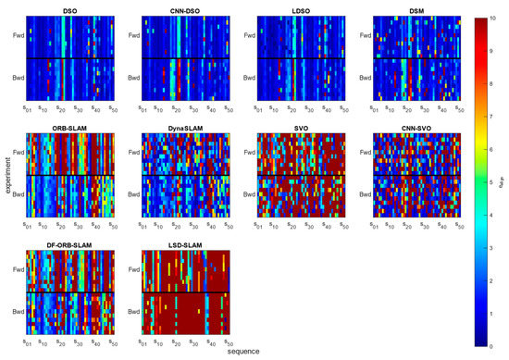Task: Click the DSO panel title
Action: tap(69, 11)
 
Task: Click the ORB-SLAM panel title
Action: tap(69, 127)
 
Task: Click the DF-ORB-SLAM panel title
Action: tap(69, 243)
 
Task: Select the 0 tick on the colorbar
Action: tap(491, 344)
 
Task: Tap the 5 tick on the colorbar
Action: tap(491, 181)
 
